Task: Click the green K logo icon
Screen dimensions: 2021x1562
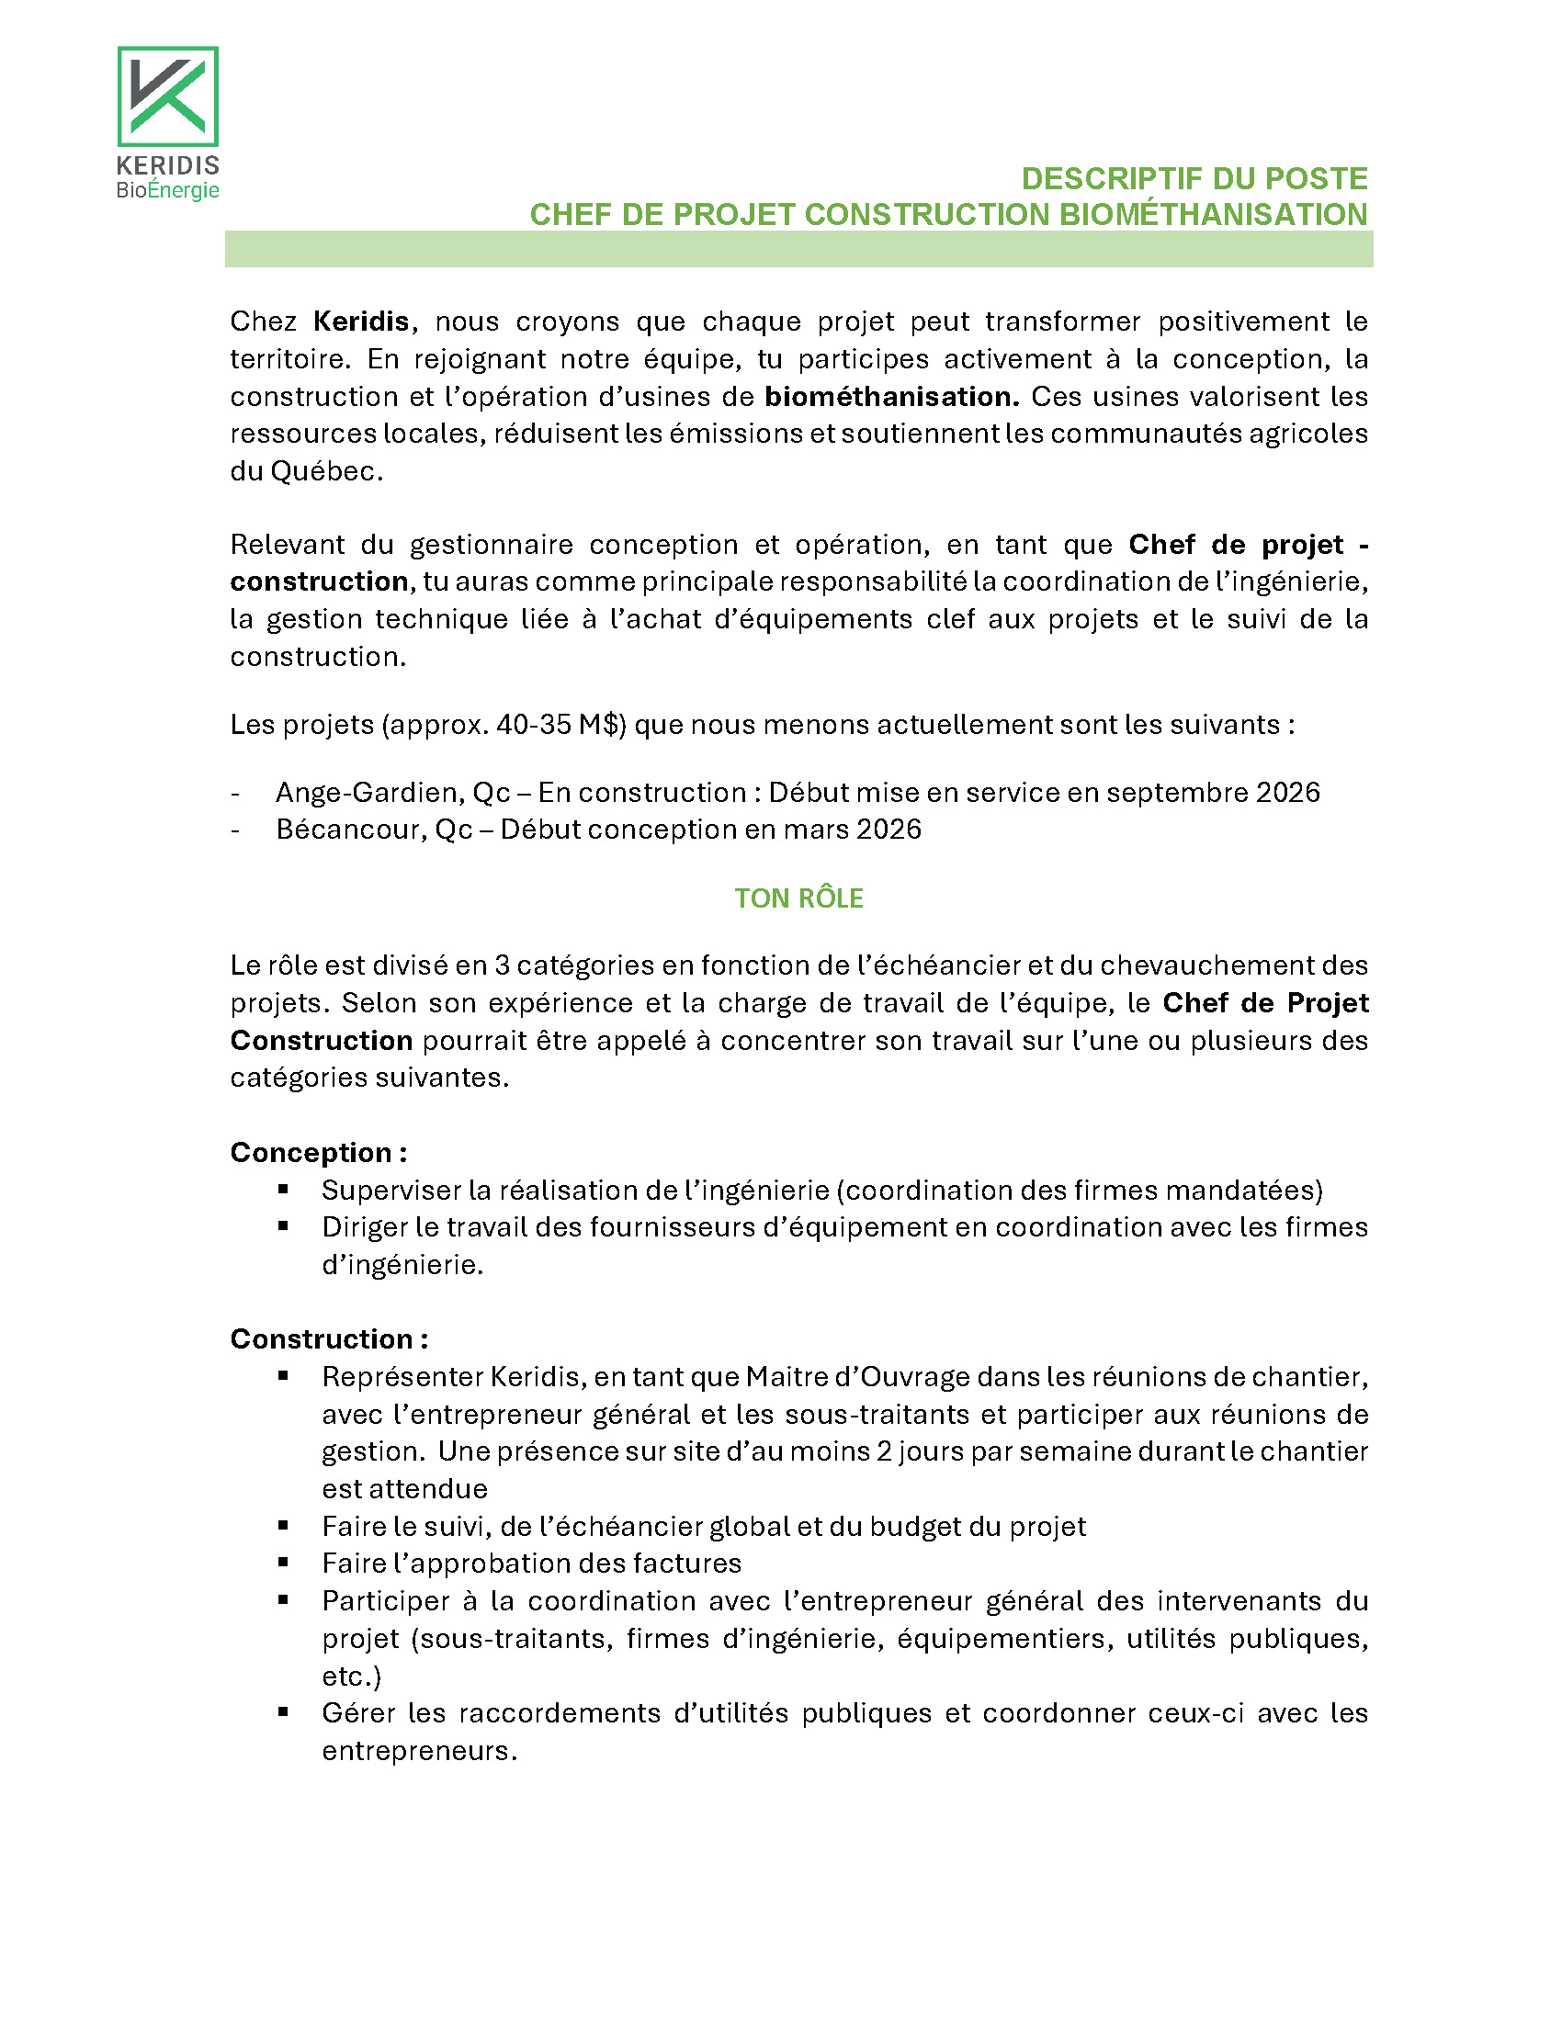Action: (x=167, y=96)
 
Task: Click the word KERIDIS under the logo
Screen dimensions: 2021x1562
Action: (x=167, y=165)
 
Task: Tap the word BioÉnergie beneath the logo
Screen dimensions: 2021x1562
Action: (x=167, y=191)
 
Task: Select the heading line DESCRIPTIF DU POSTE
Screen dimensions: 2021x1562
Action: (x=1194, y=178)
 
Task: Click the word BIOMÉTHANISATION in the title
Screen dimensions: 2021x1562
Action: (x=1212, y=215)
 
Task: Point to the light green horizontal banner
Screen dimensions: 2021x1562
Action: (x=798, y=250)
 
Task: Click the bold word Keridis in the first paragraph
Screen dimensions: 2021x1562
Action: (x=361, y=322)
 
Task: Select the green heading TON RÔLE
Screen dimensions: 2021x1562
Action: (x=798, y=898)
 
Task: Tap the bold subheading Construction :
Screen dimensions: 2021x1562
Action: (x=329, y=1339)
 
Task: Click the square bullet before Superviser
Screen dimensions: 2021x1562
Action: (x=283, y=1189)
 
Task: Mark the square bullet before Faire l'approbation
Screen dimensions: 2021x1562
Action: (x=283, y=1562)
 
